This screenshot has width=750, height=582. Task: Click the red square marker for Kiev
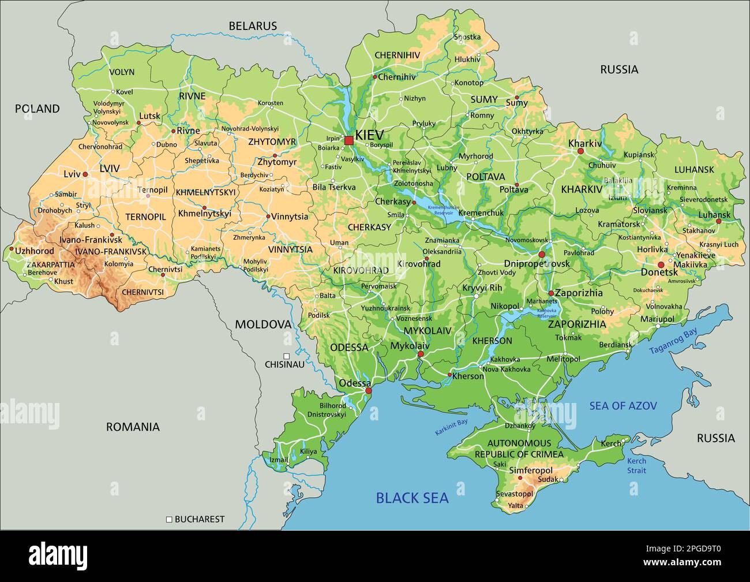(x=348, y=140)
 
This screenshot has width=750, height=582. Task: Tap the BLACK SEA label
(x=412, y=498)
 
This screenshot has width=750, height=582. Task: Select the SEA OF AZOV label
(x=623, y=406)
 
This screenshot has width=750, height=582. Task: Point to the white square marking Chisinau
(x=286, y=356)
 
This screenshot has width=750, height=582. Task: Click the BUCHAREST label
(x=199, y=519)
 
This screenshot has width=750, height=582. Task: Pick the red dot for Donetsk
(x=661, y=265)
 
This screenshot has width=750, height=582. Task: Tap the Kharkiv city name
(x=584, y=143)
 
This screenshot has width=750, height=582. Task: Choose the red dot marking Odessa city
(x=369, y=391)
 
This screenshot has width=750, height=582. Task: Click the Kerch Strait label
(x=637, y=465)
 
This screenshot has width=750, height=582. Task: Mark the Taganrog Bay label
(x=673, y=341)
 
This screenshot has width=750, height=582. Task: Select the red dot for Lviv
(x=85, y=174)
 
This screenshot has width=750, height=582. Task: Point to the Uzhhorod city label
(x=35, y=251)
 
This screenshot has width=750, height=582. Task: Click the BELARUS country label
(x=253, y=26)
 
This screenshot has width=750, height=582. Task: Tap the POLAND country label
(x=37, y=109)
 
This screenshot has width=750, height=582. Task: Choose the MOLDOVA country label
(x=262, y=324)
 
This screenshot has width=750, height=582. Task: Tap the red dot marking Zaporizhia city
(x=551, y=293)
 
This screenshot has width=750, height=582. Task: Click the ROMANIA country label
(x=133, y=427)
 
